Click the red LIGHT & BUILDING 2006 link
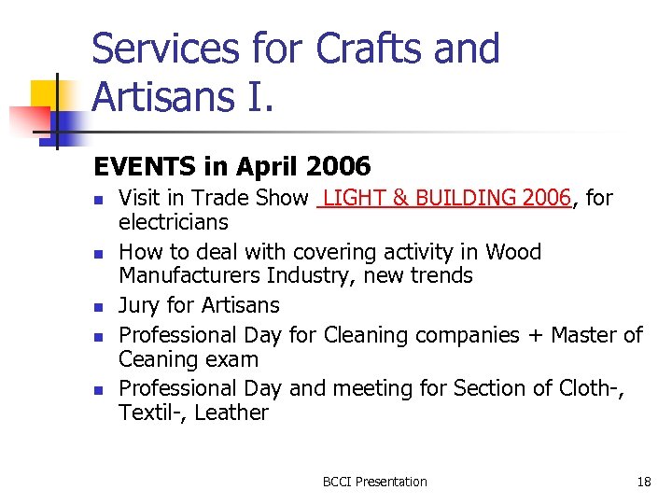(445, 198)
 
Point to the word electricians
(174, 222)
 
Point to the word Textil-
(150, 413)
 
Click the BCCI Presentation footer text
(374, 482)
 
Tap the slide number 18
(644, 482)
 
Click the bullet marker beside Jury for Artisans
(100, 306)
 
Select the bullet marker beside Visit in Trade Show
(100, 199)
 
